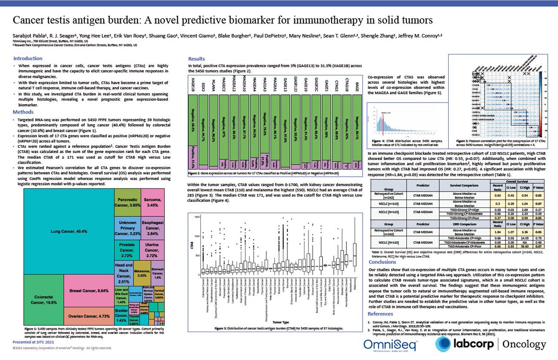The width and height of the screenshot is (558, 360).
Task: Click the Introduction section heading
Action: tap(30, 59)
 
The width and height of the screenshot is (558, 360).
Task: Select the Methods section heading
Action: tap(26, 112)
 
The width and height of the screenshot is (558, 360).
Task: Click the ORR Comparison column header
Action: tap(442, 225)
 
